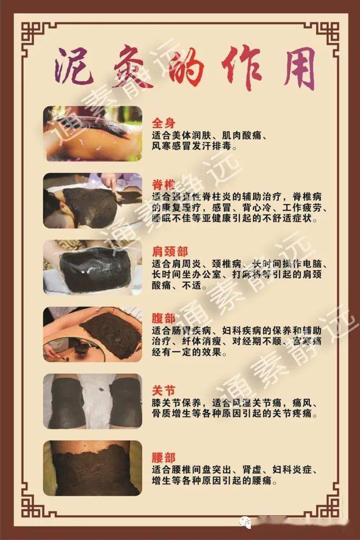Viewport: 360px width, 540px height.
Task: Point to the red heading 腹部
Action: pyautogui.click(x=163, y=319)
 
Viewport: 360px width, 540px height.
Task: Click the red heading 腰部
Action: pyautogui.click(x=163, y=458)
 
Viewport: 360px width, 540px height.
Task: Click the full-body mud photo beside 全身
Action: pyautogui.click(x=93, y=133)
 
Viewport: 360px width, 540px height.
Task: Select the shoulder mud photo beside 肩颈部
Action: pyautogui.click(x=93, y=267)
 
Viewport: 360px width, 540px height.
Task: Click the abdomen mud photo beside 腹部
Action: pyautogui.click(x=93, y=334)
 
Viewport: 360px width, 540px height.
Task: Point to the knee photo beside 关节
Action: pyautogui.click(x=93, y=401)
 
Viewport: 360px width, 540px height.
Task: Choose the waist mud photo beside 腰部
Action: pyautogui.click(x=93, y=468)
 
